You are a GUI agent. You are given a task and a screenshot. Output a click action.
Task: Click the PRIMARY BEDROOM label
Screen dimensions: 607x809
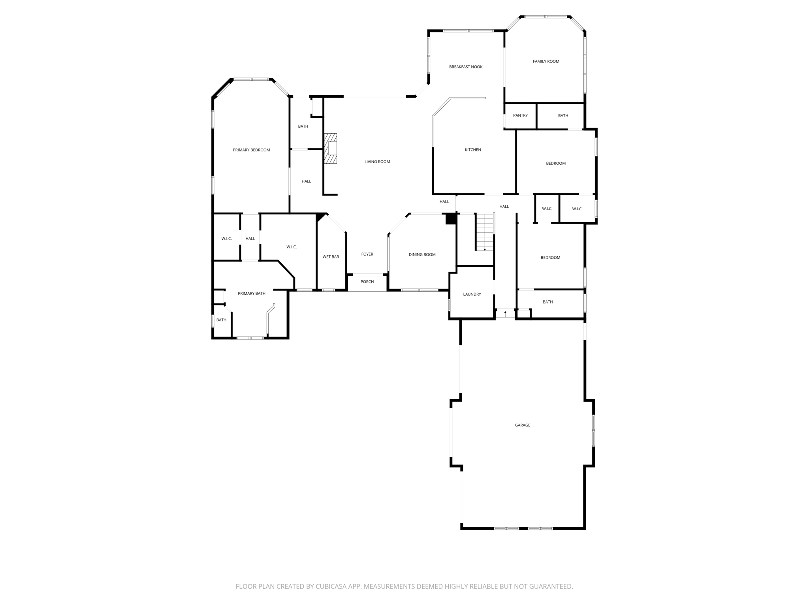click(251, 150)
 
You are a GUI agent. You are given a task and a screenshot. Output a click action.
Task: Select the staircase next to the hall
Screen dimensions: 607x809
click(485, 232)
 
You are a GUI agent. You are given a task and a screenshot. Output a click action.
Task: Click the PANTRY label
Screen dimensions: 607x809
click(520, 115)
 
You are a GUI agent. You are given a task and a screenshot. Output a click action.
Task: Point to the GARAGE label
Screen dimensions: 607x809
click(522, 425)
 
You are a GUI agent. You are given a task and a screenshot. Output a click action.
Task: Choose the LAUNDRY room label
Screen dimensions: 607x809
click(472, 294)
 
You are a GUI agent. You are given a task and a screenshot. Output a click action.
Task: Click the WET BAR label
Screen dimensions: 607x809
click(331, 257)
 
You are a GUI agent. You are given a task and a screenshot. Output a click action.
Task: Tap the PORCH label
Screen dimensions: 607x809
click(367, 282)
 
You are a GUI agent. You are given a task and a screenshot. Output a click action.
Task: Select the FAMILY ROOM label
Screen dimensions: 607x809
click(546, 61)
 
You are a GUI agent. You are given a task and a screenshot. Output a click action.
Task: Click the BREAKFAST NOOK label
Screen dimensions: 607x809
click(466, 67)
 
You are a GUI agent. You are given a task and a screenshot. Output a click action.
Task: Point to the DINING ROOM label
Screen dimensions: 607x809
click(422, 254)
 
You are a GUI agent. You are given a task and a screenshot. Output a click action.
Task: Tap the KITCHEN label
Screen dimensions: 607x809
click(473, 150)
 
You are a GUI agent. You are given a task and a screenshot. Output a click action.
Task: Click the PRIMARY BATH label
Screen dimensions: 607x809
click(251, 293)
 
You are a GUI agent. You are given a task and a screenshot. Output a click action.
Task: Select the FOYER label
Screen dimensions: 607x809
click(367, 254)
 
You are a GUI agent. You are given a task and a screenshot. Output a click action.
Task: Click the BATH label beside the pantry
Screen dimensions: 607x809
click(563, 115)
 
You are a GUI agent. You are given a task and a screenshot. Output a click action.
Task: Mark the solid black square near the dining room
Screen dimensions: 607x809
click(451, 219)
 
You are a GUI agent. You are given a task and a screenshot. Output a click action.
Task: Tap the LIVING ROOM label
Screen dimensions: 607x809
click(377, 162)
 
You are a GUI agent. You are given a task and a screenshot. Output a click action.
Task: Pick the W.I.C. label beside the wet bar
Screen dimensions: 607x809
click(292, 247)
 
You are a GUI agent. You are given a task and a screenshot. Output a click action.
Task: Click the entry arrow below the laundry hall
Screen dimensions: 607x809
click(505, 313)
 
